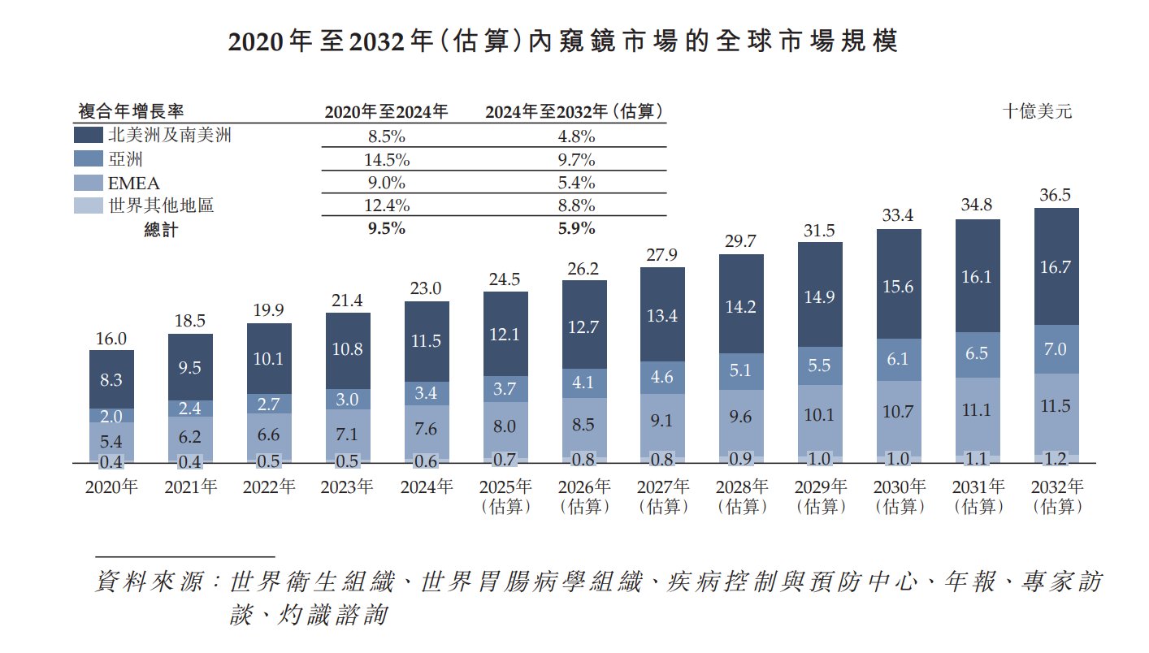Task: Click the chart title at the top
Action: [562, 42]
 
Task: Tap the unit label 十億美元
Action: [1037, 112]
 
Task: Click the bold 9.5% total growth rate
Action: [386, 229]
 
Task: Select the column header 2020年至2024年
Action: [386, 112]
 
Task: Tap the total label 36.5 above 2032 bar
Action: [1056, 196]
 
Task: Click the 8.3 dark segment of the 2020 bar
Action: [111, 379]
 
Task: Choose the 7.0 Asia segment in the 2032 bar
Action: [1056, 349]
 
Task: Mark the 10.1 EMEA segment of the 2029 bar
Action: [820, 415]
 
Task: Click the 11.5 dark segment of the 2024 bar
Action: [427, 341]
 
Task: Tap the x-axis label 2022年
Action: [269, 487]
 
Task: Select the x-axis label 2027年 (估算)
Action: [663, 496]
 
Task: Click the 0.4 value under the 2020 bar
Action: [111, 462]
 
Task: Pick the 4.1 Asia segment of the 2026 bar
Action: [584, 382]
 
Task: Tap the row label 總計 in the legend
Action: [161, 230]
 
